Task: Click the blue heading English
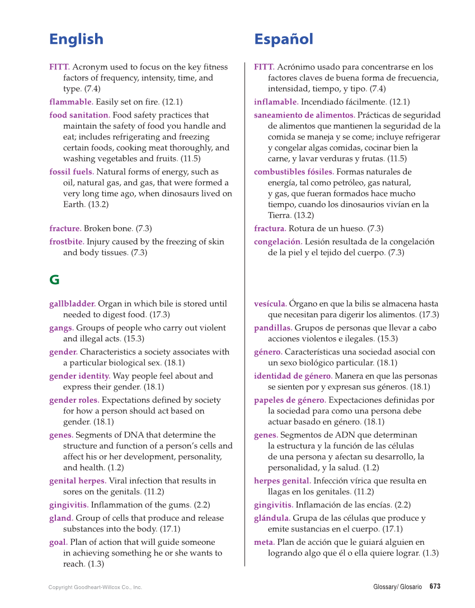coord(76,39)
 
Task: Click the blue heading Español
coord(283,39)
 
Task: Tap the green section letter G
coord(54,280)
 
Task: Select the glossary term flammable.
coord(71,102)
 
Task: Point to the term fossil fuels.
coord(72,172)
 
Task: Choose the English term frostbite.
coord(67,242)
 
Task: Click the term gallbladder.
coord(72,304)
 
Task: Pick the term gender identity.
coord(79,376)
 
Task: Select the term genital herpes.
coord(78,480)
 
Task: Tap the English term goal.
coord(58,542)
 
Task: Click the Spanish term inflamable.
coord(276,102)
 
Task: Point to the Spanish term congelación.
coord(278,242)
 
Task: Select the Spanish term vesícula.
coord(270,304)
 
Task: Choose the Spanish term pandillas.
coord(273,328)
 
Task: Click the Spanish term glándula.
coord(272,518)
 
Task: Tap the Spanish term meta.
coord(264,542)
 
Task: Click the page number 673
coord(435,587)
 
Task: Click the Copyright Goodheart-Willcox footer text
coord(95,587)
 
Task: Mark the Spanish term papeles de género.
coord(290,400)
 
